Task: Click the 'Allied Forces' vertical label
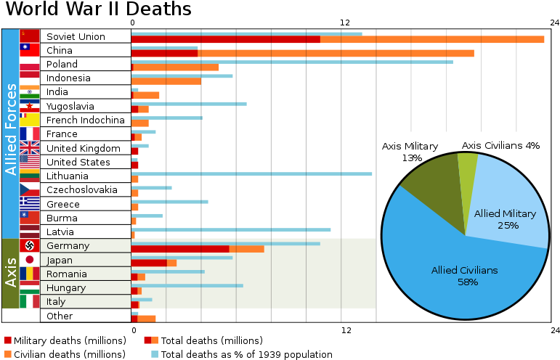tap(11, 129)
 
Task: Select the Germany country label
tap(68, 246)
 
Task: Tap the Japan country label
tap(60, 260)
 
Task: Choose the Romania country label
tap(67, 274)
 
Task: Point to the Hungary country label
tap(66, 288)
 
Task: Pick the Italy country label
tap(56, 302)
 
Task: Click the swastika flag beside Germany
tap(30, 245)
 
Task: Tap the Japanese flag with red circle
tap(30, 260)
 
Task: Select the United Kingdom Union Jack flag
tap(30, 148)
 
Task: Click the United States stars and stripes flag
tap(30, 161)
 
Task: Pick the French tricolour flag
tap(30, 134)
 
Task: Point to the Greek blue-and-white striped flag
tap(30, 203)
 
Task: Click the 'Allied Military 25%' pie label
tap(505, 219)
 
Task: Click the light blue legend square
tap(155, 354)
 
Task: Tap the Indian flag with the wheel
tap(30, 91)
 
